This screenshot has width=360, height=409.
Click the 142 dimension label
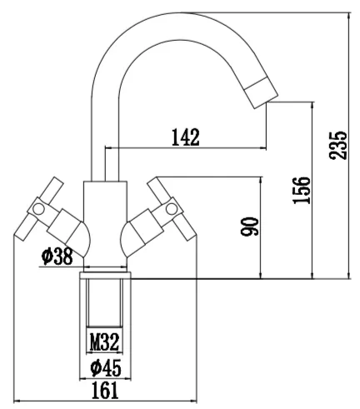pos(186,137)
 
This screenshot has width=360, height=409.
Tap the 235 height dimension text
pos(338,145)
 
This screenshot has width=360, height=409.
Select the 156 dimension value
pos(302,190)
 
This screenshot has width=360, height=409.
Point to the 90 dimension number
pos(249,227)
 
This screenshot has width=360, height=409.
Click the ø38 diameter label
pos(57,256)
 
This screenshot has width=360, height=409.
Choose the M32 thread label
pos(104,342)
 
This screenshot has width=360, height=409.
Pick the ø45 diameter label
pos(106,368)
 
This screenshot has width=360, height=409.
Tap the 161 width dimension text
pos(105,391)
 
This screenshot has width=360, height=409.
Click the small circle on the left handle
pos(38,209)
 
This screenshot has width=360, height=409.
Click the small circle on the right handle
pos(172,209)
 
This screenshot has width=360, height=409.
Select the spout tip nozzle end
pos(262,92)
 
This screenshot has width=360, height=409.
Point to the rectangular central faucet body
pos(105,223)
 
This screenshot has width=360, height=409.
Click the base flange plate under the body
pos(105,275)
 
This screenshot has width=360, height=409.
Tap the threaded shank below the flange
pos(105,302)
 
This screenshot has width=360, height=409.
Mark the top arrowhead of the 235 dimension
pos(349,16)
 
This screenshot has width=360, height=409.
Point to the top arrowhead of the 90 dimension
pos(261,181)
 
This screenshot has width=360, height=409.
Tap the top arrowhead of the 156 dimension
pos(312,106)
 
